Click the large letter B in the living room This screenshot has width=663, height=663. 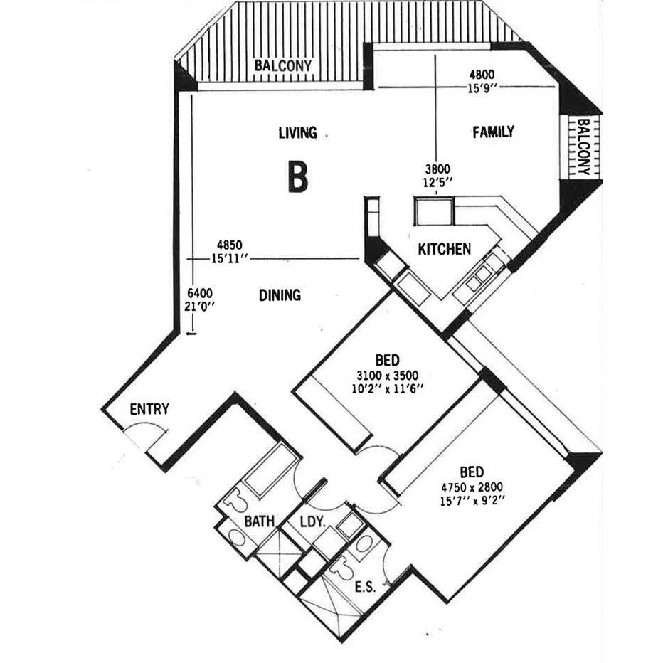click(297, 177)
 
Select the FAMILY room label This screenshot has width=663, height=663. click(493, 132)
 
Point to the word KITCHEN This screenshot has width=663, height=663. click(444, 249)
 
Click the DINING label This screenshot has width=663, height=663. click(280, 295)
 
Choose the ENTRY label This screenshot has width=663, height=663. click(149, 409)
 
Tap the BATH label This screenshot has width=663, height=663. click(260, 522)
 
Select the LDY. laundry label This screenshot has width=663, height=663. click(312, 522)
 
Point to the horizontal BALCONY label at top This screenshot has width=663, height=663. click(283, 65)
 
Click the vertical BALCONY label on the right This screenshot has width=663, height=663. click(583, 147)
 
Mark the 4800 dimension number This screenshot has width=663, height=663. click(481, 73)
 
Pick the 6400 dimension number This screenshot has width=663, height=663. click(200, 293)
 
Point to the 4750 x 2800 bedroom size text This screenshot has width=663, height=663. click(472, 489)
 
